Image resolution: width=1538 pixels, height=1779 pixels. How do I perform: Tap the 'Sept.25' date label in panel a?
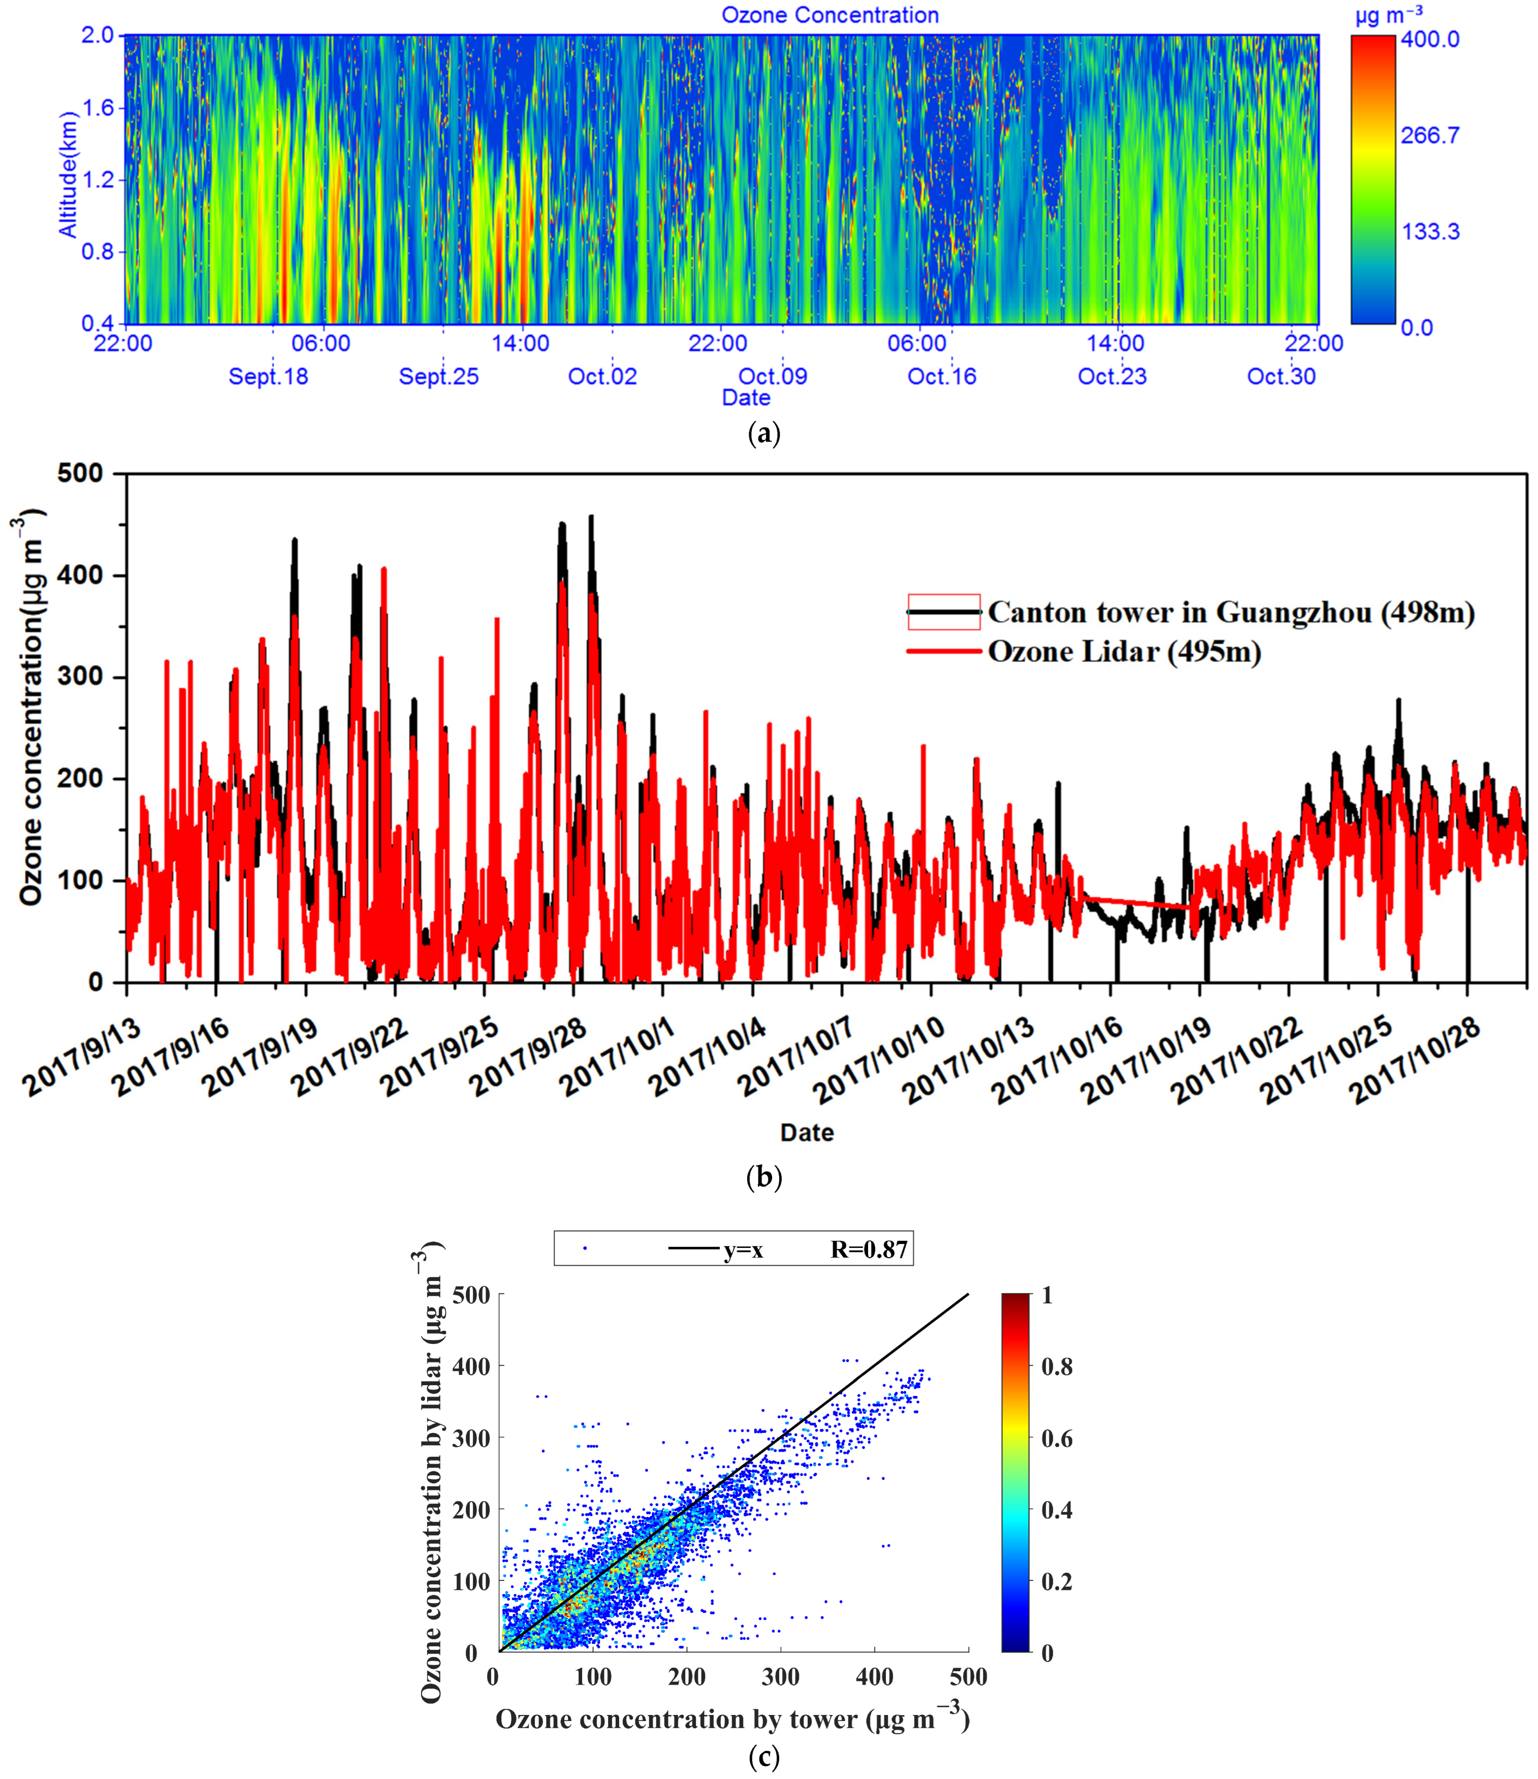pyautogui.click(x=438, y=376)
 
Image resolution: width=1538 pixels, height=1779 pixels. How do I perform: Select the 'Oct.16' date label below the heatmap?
pyautogui.click(x=942, y=376)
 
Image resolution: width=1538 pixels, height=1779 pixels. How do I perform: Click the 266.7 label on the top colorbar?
pyautogui.click(x=1430, y=135)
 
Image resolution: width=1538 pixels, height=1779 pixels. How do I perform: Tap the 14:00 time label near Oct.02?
pyautogui.click(x=520, y=344)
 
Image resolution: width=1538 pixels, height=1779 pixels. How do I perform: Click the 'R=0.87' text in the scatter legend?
pyautogui.click(x=869, y=1249)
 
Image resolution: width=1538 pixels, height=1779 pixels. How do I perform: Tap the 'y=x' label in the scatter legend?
pyautogui.click(x=743, y=1249)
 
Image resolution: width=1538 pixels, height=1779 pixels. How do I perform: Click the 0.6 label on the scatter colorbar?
pyautogui.click(x=1056, y=1438)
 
